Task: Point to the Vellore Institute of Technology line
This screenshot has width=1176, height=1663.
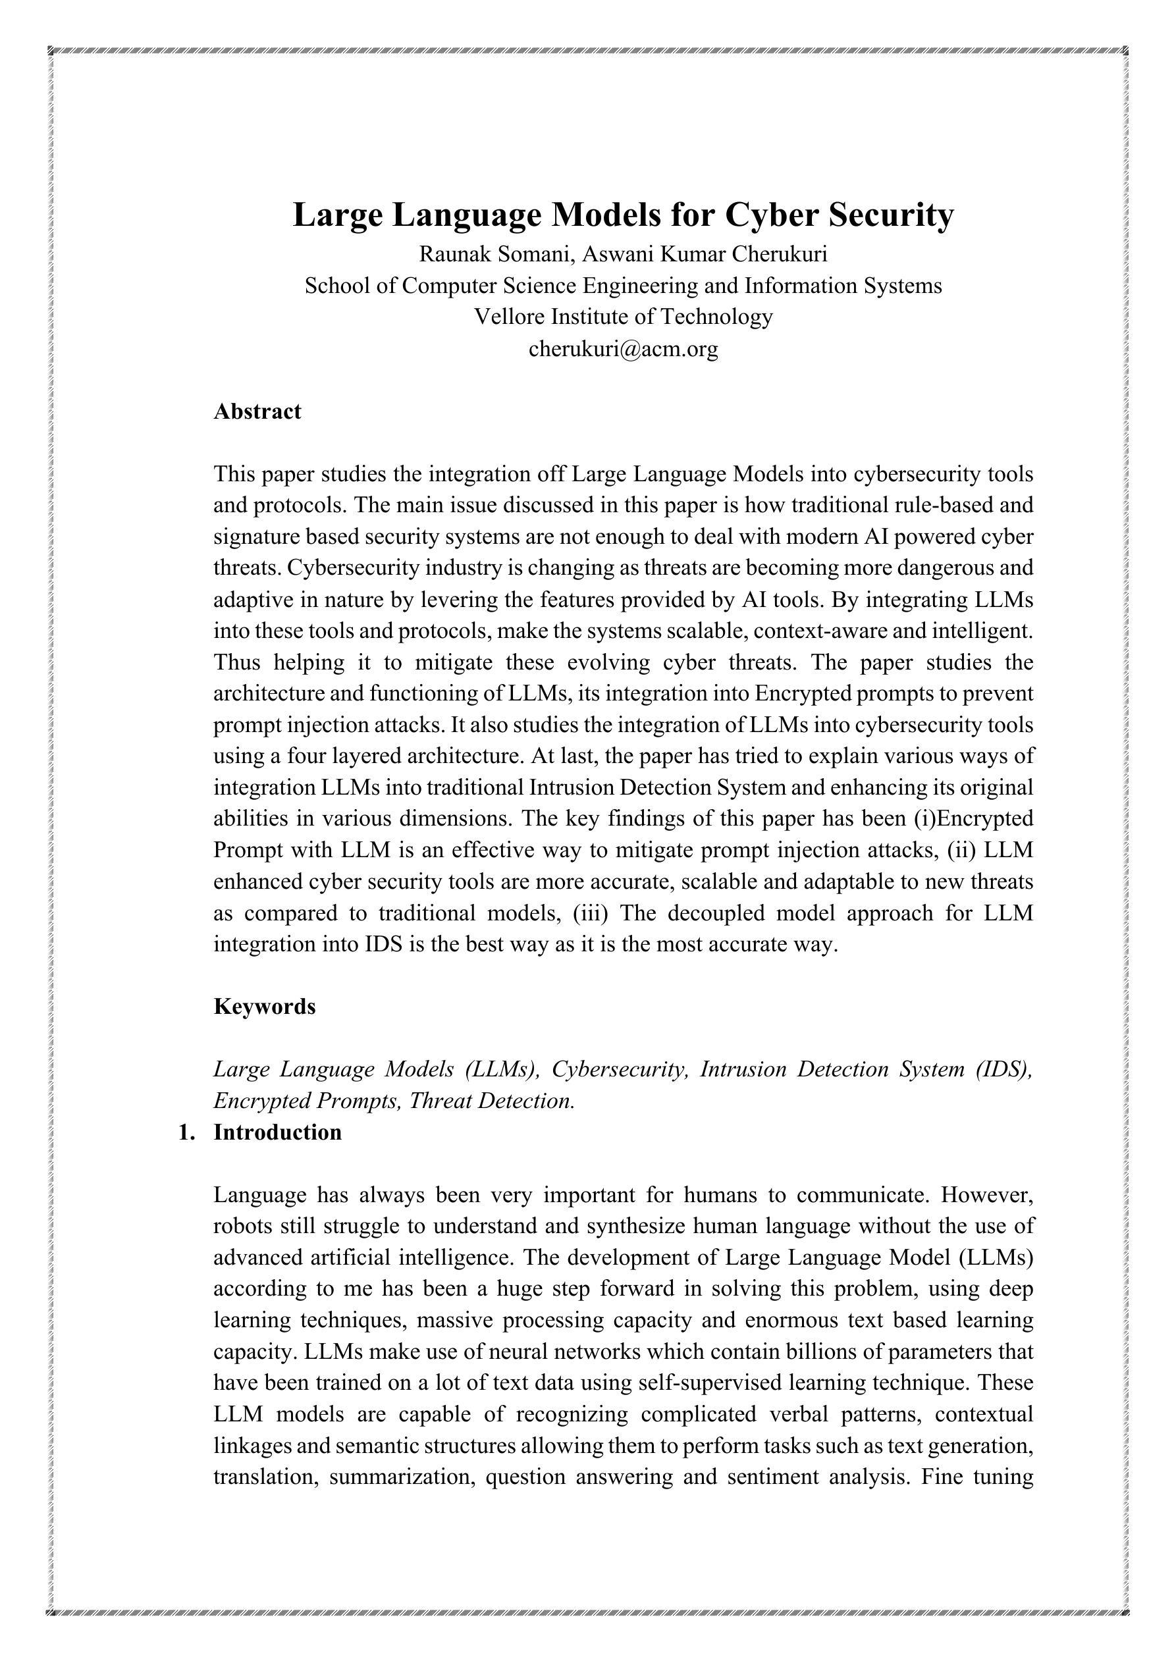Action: (x=623, y=317)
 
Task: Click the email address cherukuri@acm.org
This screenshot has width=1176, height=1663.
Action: (x=623, y=348)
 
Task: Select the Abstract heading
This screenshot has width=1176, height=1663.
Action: (x=257, y=411)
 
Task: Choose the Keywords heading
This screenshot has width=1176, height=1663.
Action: (x=265, y=1006)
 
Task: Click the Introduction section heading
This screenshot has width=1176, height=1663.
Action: (x=277, y=1132)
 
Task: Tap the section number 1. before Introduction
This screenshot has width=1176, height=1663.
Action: (x=186, y=1132)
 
